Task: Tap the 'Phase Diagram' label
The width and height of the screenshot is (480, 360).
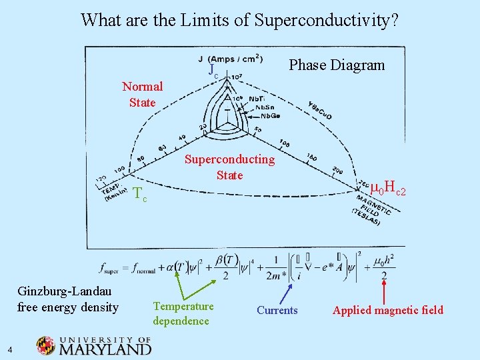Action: (x=337, y=65)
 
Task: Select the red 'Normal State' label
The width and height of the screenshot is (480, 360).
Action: (x=143, y=94)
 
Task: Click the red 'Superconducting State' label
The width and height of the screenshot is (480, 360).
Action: (x=229, y=167)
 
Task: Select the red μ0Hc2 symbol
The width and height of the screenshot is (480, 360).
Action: (x=388, y=189)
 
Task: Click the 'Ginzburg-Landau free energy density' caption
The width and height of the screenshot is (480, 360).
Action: (x=68, y=299)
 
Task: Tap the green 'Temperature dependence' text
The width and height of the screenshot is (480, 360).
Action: (x=183, y=313)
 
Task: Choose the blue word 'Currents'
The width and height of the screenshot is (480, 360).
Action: (x=277, y=310)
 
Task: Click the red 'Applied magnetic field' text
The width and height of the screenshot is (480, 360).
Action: (x=388, y=310)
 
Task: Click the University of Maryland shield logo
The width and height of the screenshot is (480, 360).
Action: (x=46, y=345)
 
